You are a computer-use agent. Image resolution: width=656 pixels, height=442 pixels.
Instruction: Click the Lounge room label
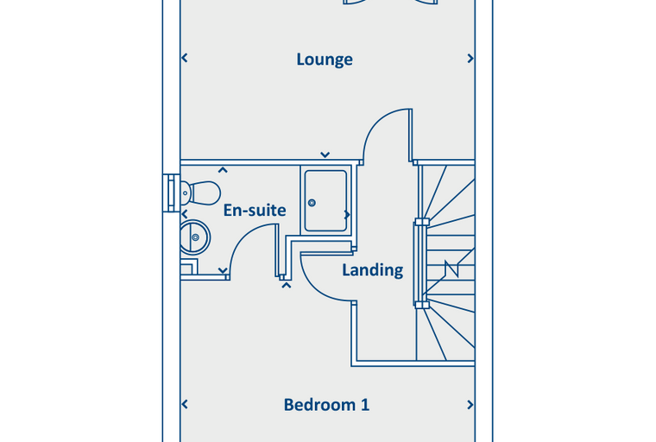(325, 60)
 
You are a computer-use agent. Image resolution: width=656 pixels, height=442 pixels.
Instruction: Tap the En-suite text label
(255, 210)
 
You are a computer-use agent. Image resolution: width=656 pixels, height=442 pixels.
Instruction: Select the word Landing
(372, 270)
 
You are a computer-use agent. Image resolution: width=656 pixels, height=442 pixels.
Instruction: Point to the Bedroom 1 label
(326, 404)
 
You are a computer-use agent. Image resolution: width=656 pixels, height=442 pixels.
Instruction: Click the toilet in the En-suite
(199, 193)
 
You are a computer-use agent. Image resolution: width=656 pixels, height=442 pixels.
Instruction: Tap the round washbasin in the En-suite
(195, 235)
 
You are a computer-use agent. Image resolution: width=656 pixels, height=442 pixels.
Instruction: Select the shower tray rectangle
(325, 200)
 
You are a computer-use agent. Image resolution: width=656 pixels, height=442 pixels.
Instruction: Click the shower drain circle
(312, 203)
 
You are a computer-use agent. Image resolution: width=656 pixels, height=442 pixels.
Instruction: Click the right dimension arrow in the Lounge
(470, 59)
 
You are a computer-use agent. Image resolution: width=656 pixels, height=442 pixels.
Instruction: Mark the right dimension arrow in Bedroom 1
(470, 404)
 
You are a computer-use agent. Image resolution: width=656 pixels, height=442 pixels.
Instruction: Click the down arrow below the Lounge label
(325, 155)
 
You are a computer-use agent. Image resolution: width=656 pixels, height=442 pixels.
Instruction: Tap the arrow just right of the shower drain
(347, 214)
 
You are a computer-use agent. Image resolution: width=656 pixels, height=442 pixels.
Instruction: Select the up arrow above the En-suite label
(223, 171)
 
